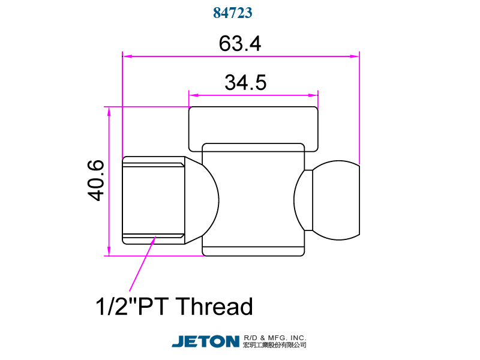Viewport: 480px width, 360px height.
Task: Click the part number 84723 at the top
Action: [x=232, y=13]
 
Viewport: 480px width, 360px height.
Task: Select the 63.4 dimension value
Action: [x=239, y=44]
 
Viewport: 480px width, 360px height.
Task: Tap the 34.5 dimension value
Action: [x=245, y=82]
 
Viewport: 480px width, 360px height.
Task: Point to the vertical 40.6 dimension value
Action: [x=95, y=180]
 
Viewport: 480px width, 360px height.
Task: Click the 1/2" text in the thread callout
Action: [x=115, y=307]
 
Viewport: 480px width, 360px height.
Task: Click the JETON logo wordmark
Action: [x=205, y=341]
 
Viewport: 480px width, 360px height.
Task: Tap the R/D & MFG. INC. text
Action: [x=275, y=337]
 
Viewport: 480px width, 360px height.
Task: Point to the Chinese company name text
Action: [x=275, y=346]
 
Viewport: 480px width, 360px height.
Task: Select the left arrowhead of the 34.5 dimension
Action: [x=193, y=95]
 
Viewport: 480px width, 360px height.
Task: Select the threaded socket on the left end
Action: [x=153, y=200]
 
